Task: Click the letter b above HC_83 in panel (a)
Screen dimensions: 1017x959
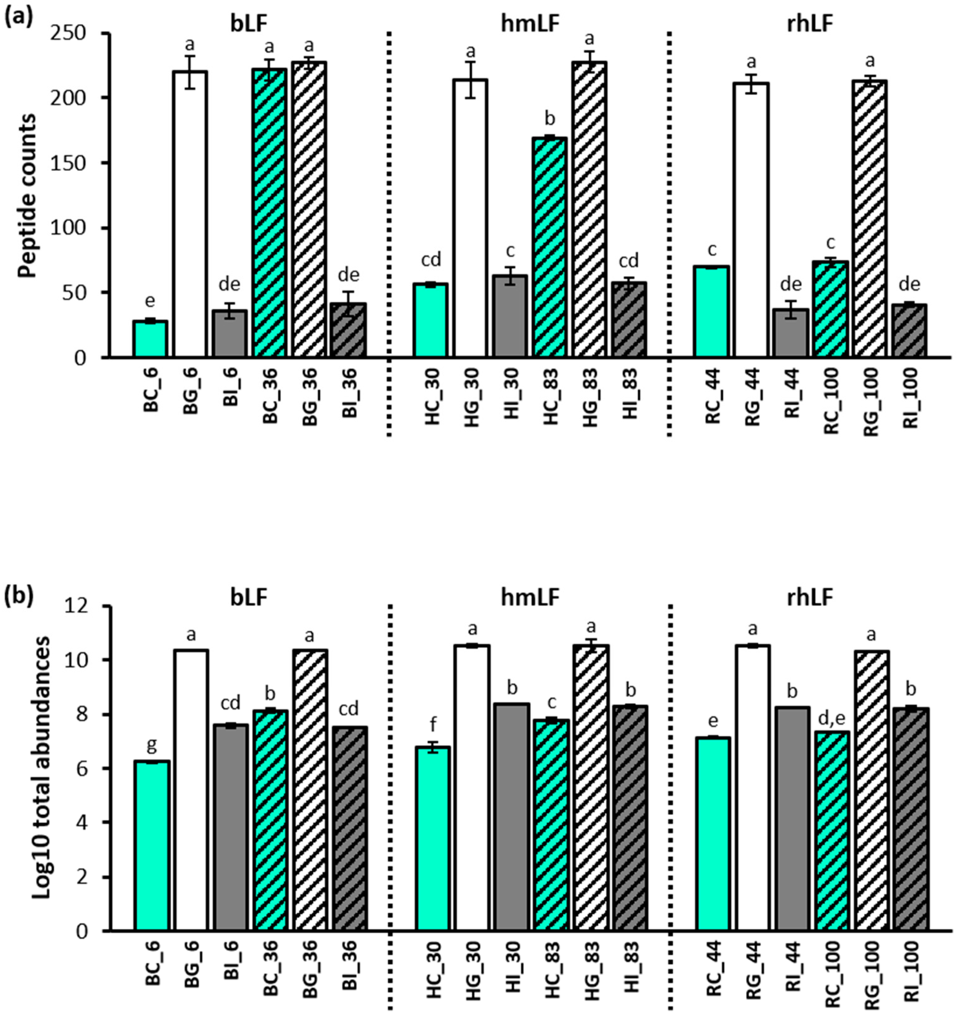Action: coord(550,119)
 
